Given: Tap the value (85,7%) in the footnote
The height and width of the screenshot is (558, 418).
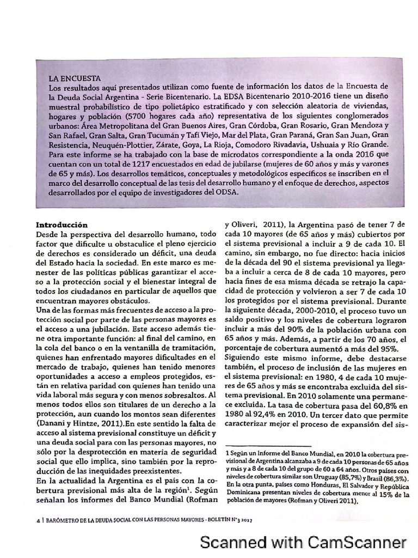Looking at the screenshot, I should point(336,475).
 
